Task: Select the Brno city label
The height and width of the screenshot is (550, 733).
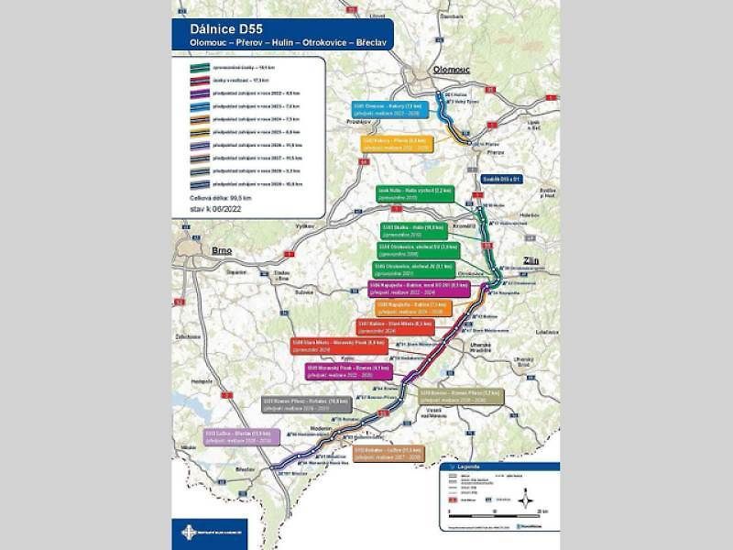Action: pyautogui.click(x=222, y=249)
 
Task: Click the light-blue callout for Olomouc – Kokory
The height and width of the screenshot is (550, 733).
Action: pyautogui.click(x=389, y=109)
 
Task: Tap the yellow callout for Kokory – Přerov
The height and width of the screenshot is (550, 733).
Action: pyautogui.click(x=397, y=144)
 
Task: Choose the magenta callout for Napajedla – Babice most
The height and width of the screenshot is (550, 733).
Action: pyautogui.click(x=410, y=288)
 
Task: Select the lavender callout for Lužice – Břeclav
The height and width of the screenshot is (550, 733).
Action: pyautogui.click(x=240, y=435)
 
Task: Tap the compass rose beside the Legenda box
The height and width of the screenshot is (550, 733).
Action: pyautogui.click(x=529, y=500)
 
